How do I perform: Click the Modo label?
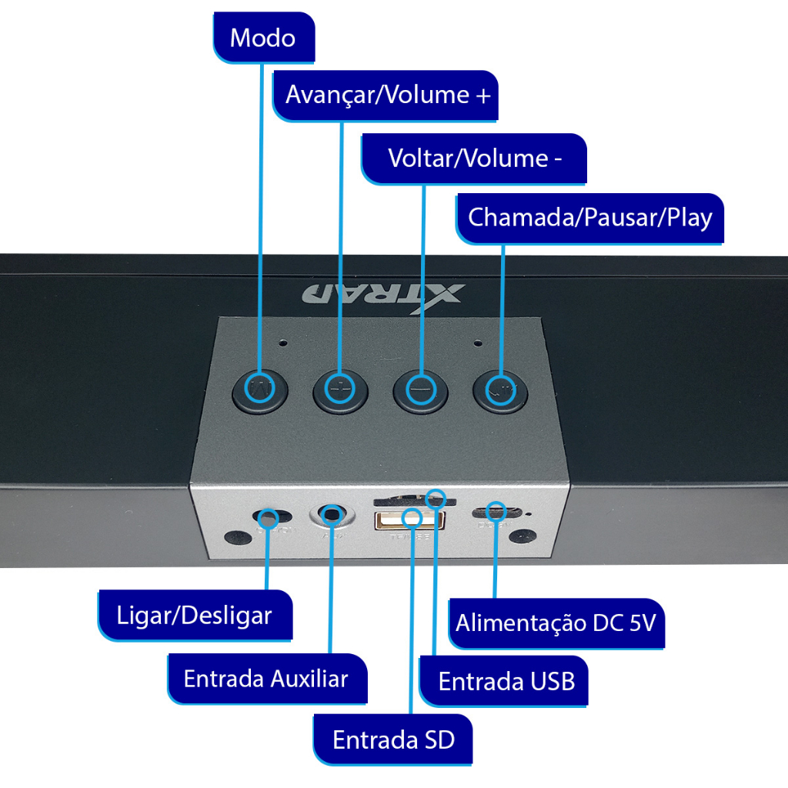[262, 38]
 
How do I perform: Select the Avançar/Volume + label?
[387, 95]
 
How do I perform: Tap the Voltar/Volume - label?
[475, 159]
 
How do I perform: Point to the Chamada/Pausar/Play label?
[590, 217]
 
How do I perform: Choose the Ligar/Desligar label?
[194, 616]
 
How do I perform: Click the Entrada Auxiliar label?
[265, 679]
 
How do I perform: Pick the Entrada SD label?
[393, 740]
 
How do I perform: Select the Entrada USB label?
[506, 681]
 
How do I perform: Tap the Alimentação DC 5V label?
[555, 623]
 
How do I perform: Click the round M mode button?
[260, 392]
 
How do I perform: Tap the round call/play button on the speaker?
[501, 392]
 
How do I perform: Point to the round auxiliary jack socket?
[332, 514]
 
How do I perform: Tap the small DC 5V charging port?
[496, 512]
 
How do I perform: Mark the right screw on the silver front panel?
[523, 536]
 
